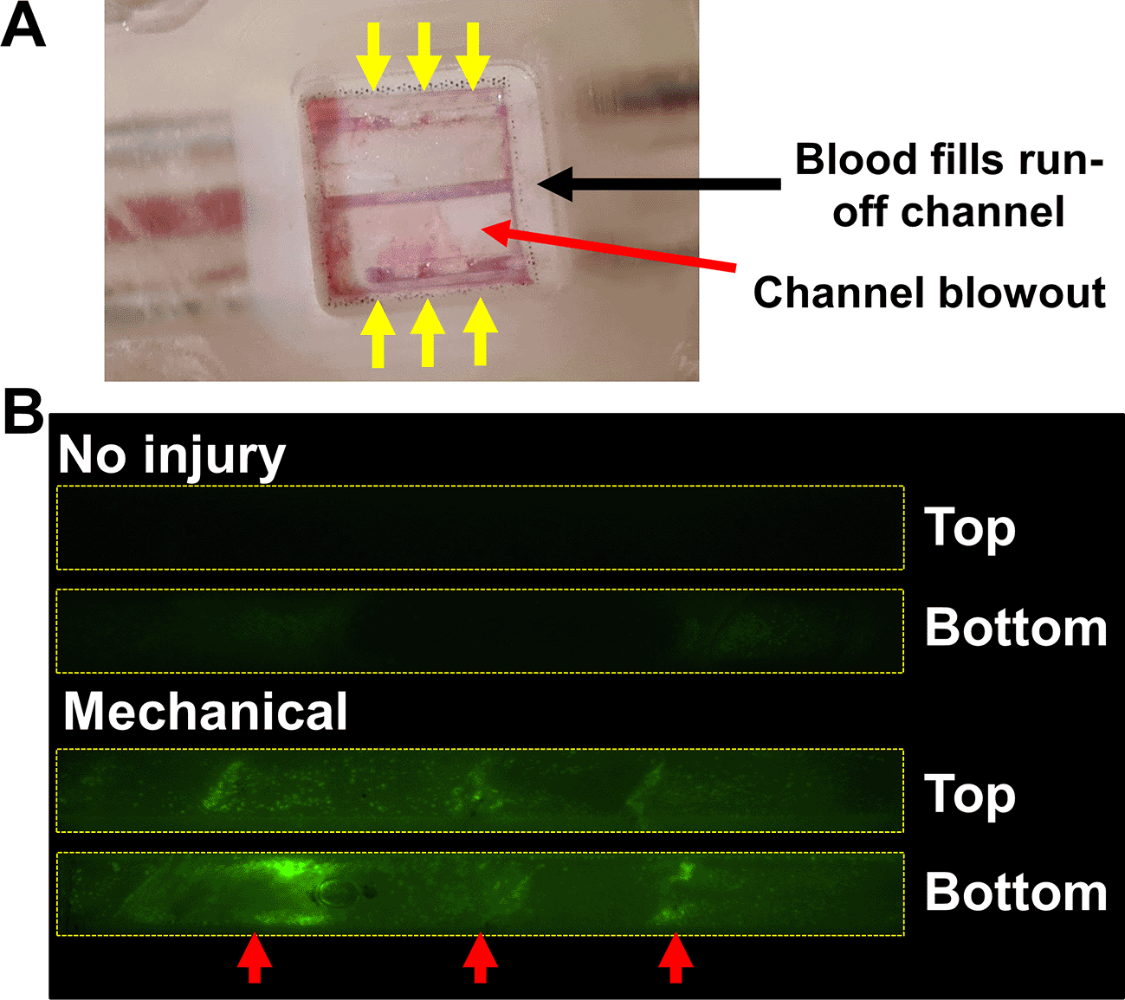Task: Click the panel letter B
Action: click(23, 411)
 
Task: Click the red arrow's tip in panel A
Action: click(483, 228)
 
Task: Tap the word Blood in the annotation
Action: click(857, 160)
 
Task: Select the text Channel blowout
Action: click(929, 293)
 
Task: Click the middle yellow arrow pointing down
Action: click(424, 56)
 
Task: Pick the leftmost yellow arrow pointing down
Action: click(374, 56)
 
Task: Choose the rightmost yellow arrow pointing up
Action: click(481, 332)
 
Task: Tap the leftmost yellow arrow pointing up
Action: click(378, 333)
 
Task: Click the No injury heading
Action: click(171, 456)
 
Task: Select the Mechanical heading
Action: click(205, 712)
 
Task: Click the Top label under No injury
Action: click(969, 529)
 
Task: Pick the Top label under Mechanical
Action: click(969, 795)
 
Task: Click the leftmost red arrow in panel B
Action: click(255, 958)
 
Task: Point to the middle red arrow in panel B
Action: click(481, 958)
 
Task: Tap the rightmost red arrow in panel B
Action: click(676, 958)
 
